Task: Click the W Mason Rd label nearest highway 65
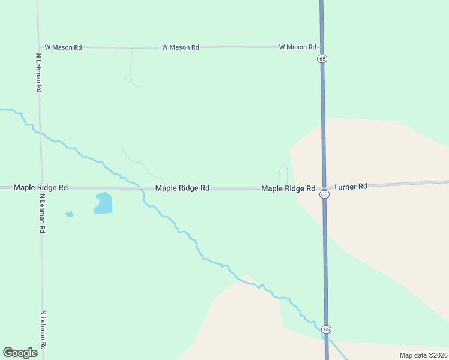click(297, 47)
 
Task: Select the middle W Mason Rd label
click(180, 47)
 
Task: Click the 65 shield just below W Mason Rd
click(322, 59)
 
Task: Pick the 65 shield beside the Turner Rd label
click(324, 194)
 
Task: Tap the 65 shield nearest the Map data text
click(325, 329)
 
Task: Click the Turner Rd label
click(350, 187)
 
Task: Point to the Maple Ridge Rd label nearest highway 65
click(288, 188)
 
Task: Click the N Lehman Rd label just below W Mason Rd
click(38, 72)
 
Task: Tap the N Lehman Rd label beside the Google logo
click(43, 331)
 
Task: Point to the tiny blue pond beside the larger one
click(69, 214)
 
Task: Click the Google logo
click(20, 353)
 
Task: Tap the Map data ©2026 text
click(423, 355)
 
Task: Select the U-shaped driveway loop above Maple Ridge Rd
click(283, 174)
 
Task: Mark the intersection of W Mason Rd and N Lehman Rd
click(39, 47)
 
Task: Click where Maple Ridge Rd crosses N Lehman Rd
click(41, 188)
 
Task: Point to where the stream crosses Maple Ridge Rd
click(140, 188)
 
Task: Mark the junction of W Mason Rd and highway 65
click(322, 47)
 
